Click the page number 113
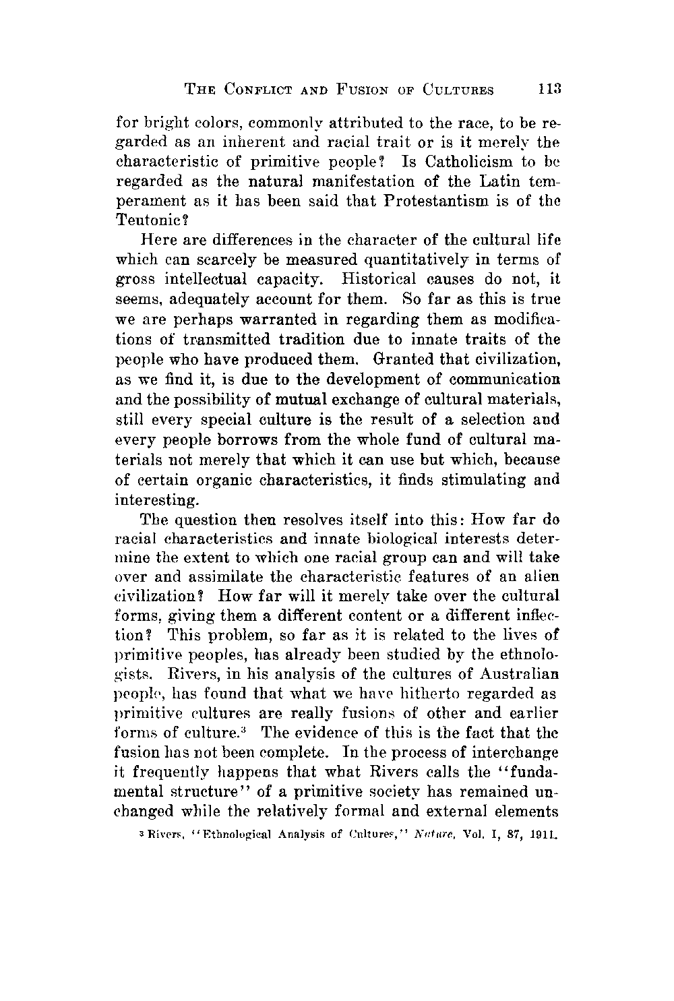[x=547, y=89]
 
